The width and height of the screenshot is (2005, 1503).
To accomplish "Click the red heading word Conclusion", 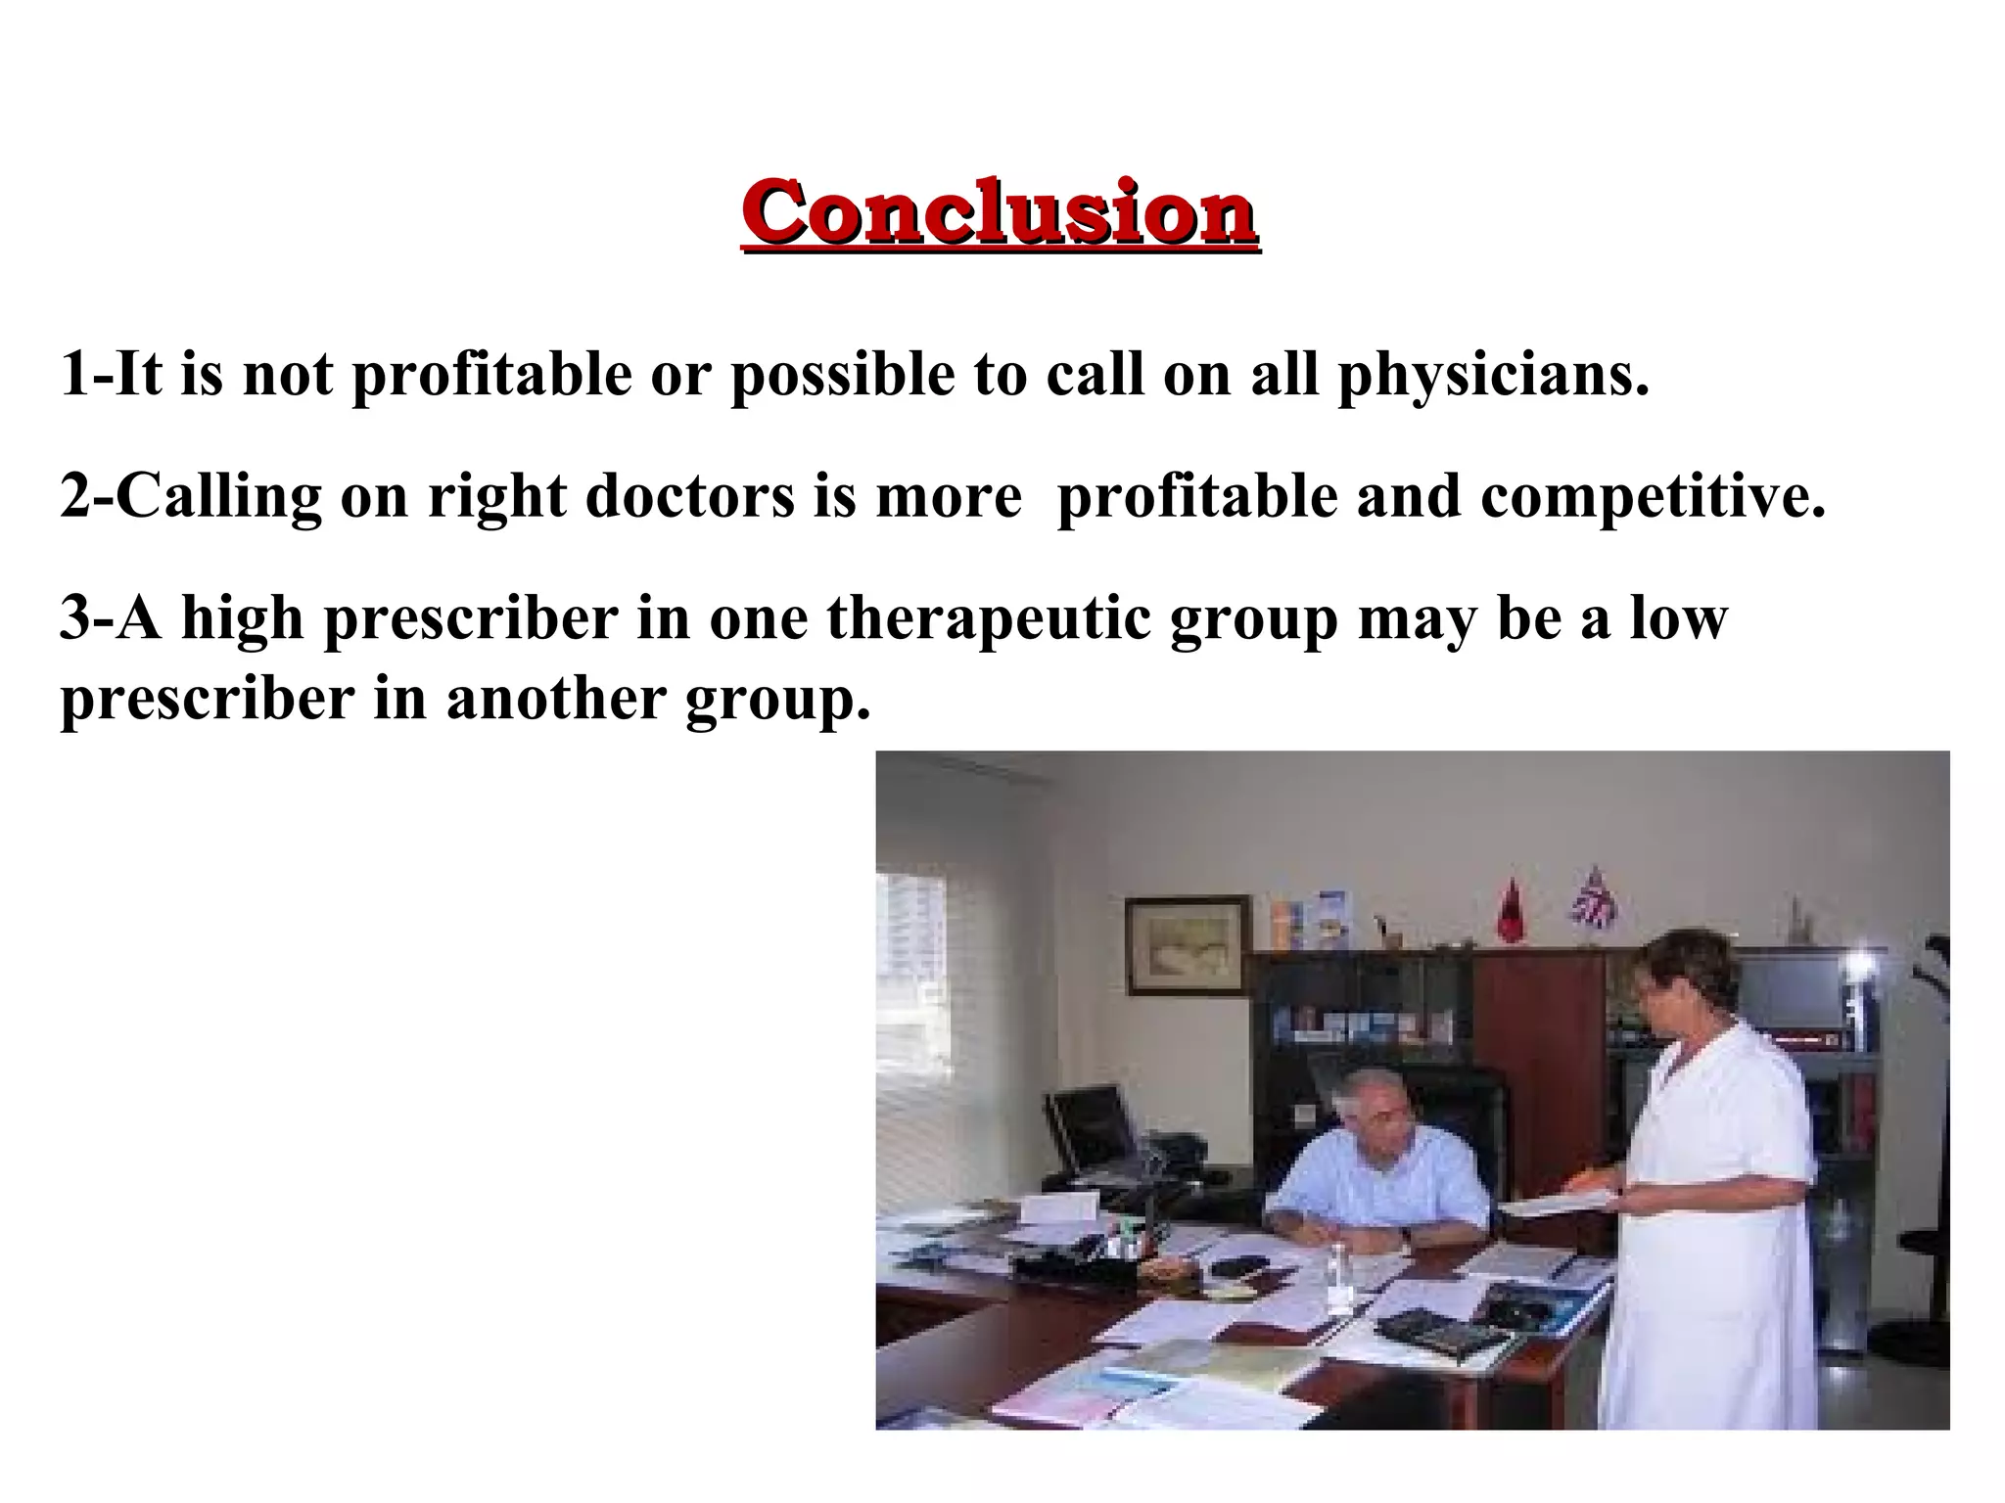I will pos(1000,212).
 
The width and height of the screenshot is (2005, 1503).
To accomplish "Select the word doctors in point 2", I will pos(689,496).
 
